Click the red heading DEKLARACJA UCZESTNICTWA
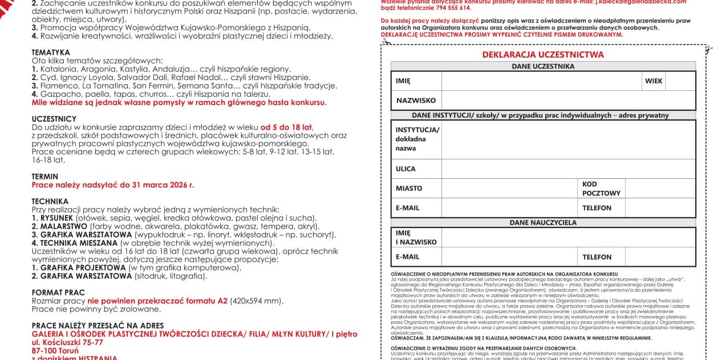point(543,55)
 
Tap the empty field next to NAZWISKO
point(568,101)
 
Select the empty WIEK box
point(680,81)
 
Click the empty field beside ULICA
point(568,169)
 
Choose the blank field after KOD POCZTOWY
point(660,189)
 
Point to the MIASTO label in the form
point(409,189)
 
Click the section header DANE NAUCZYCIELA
point(543,222)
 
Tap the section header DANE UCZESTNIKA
point(543,66)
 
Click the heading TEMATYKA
point(51,53)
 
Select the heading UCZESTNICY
point(54,119)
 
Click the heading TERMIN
point(45,177)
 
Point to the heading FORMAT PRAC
point(58,293)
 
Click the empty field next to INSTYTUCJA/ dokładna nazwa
point(568,139)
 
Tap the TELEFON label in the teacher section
point(597,257)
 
